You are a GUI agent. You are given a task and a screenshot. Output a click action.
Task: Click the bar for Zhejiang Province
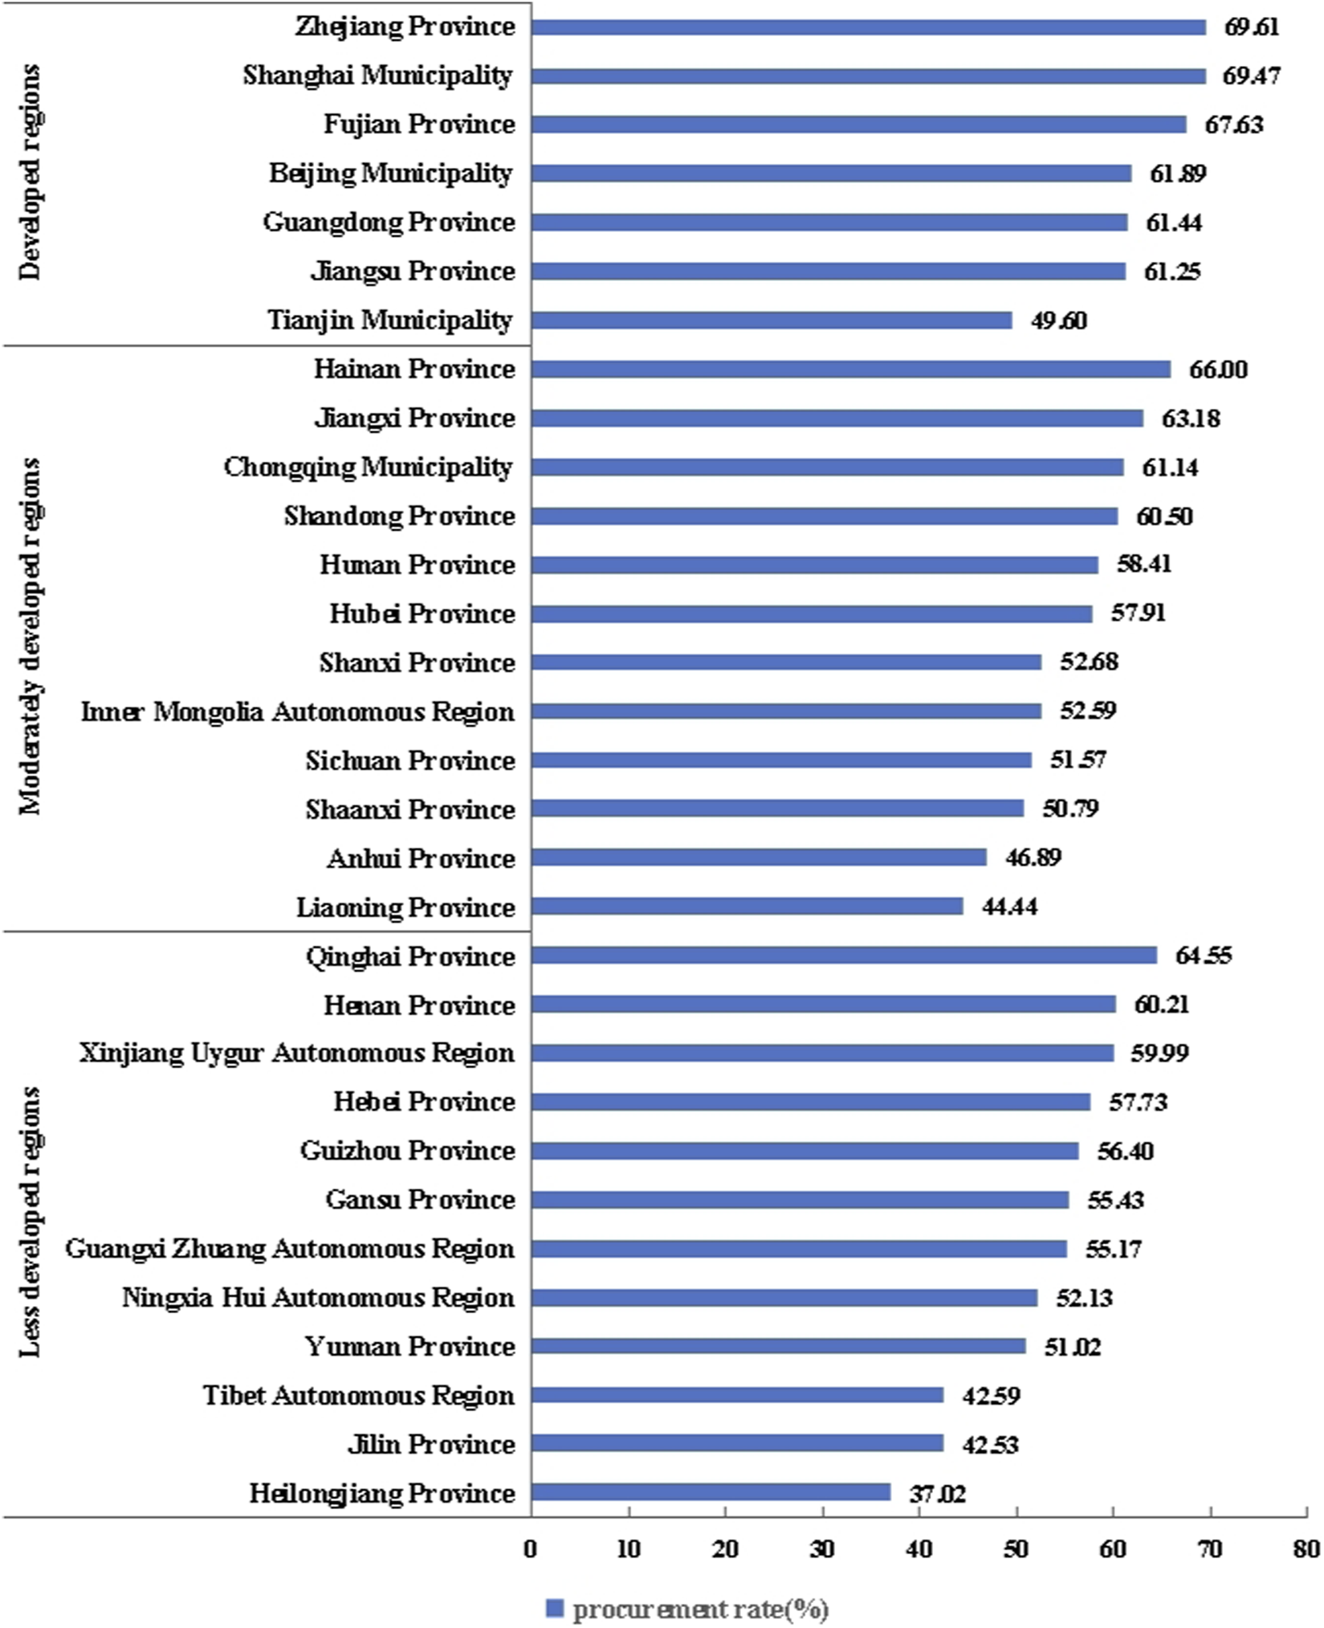868,27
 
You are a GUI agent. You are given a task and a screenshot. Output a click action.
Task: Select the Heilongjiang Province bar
711,1492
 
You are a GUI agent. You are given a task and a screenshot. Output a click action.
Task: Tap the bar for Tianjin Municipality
771,320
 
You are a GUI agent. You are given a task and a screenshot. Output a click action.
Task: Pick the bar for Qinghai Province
844,955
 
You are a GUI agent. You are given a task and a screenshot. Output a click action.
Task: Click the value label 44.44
1009,907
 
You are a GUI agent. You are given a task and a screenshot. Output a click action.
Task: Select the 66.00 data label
1218,369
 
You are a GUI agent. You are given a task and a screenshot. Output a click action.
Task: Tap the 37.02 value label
937,1494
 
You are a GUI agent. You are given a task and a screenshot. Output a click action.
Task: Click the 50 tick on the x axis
1016,1549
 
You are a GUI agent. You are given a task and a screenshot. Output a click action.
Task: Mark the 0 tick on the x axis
531,1549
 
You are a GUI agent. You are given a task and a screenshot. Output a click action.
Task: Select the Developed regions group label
31,172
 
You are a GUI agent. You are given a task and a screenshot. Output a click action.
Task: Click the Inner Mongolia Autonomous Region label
298,712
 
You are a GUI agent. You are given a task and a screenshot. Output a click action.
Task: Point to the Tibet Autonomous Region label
358,1395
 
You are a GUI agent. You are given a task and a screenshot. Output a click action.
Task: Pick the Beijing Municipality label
390,173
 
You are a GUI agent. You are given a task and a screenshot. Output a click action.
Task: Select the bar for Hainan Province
850,369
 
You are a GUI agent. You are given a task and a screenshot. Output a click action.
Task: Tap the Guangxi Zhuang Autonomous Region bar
799,1249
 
